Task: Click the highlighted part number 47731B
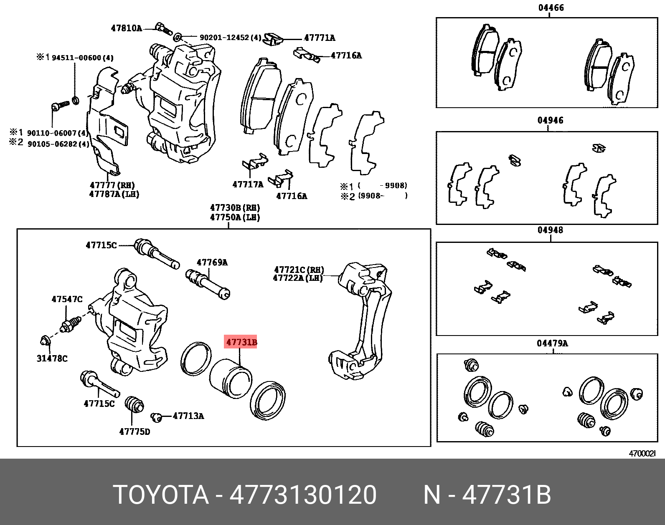point(241,343)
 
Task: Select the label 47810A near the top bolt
point(126,28)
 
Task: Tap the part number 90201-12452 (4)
point(230,38)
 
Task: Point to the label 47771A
point(320,38)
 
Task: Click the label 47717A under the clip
point(248,184)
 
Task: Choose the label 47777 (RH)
point(112,185)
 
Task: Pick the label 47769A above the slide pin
point(212,262)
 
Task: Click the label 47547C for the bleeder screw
point(67,299)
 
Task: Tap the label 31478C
point(52,358)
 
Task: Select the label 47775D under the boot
point(135,432)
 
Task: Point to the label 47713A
point(188,416)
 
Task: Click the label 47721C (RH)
point(299,270)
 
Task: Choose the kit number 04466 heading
point(551,8)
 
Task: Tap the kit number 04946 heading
point(550,121)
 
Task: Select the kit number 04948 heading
point(550,230)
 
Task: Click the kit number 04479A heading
point(552,343)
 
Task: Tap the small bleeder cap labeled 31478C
point(45,341)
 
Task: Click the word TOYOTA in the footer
point(161,495)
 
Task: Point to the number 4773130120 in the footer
point(303,495)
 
